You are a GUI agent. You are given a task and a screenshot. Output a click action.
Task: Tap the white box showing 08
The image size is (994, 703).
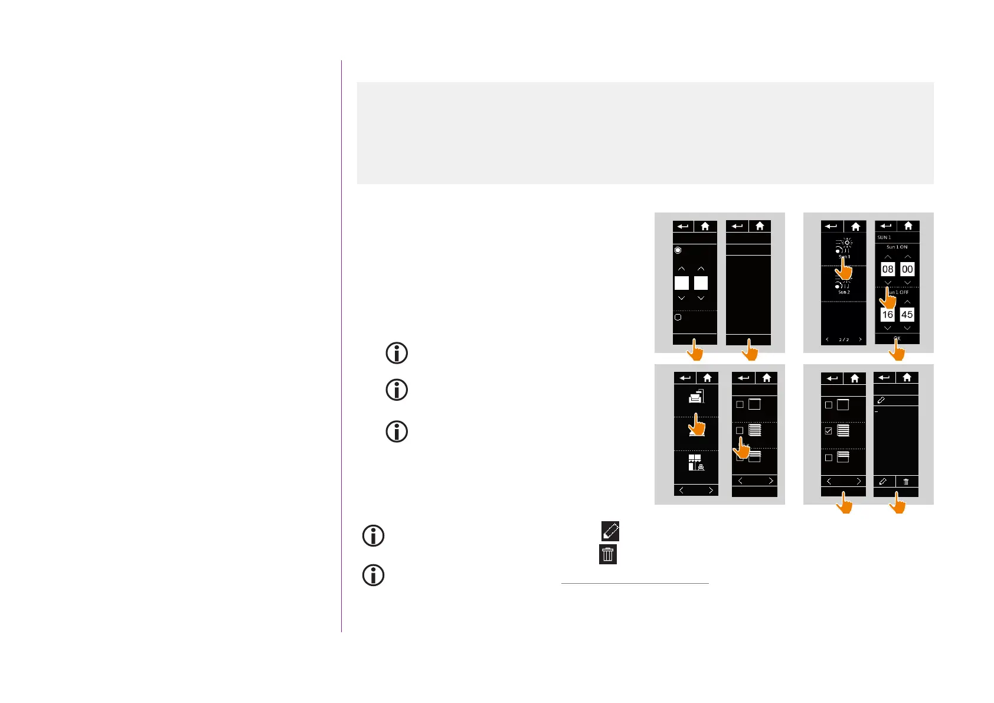tap(887, 269)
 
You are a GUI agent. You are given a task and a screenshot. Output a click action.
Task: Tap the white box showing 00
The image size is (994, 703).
tap(907, 269)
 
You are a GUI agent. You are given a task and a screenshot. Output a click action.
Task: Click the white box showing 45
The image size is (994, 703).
tap(907, 315)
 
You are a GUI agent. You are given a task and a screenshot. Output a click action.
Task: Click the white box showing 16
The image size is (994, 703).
tap(887, 315)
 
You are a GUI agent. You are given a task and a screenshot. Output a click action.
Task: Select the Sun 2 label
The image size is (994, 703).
tap(844, 292)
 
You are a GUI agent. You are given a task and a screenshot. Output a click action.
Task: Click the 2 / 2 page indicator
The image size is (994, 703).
tap(844, 339)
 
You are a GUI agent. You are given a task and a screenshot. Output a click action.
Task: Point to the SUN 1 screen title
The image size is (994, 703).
tap(884, 237)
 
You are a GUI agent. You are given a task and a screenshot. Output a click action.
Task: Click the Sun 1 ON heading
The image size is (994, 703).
tap(897, 247)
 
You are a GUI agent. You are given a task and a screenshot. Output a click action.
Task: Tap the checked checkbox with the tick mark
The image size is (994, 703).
tap(828, 431)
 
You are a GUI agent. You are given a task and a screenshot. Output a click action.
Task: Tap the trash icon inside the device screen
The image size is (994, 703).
tap(906, 482)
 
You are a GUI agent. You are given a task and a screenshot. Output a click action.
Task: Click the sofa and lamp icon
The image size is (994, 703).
tap(697, 397)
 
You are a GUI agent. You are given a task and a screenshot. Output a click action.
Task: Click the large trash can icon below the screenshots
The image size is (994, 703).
tap(608, 554)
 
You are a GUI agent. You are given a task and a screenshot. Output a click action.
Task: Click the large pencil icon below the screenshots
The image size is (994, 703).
tap(610, 531)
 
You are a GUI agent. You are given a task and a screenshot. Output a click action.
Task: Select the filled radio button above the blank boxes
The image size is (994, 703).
tap(678, 250)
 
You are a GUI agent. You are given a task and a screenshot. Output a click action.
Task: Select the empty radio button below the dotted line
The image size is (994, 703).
tap(678, 317)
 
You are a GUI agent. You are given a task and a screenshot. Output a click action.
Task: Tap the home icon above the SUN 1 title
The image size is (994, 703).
tap(908, 226)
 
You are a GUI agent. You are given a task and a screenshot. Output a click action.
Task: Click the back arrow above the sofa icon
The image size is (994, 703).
tap(685, 378)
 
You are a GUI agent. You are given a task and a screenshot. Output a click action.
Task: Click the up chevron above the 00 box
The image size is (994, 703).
tap(907, 257)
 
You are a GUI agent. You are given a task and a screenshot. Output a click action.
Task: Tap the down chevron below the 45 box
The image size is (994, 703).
tap(907, 328)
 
